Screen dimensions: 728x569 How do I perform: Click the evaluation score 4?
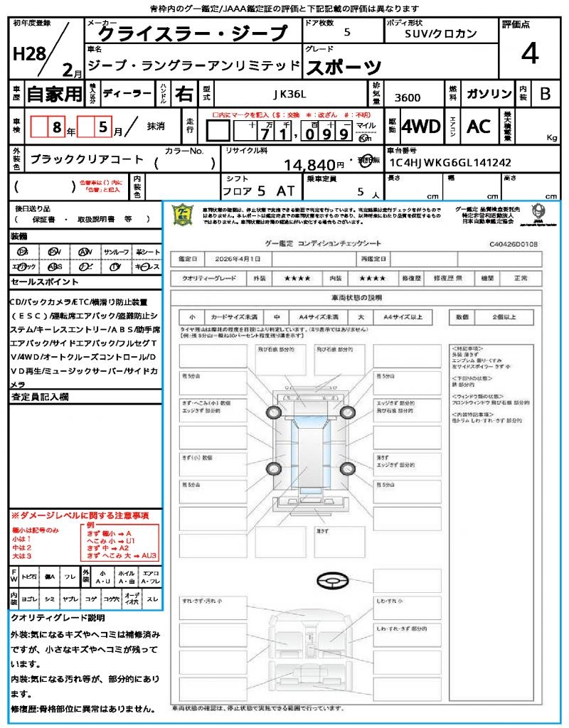pyautogui.click(x=529, y=53)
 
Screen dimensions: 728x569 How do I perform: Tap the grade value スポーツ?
pyautogui.click(x=343, y=67)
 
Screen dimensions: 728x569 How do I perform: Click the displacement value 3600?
pyautogui.click(x=408, y=98)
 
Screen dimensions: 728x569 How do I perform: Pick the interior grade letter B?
pyautogui.click(x=545, y=94)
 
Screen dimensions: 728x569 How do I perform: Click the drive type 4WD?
pyautogui.click(x=421, y=127)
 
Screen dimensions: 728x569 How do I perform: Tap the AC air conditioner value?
pyautogui.click(x=479, y=127)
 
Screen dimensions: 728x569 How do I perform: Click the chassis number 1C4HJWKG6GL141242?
pyautogui.click(x=450, y=162)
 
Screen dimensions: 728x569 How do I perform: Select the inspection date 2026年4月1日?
pyautogui.click(x=238, y=259)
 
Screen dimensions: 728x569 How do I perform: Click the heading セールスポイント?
pyautogui.click(x=39, y=282)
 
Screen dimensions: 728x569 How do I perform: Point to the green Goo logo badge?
pyautogui.click(x=183, y=215)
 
